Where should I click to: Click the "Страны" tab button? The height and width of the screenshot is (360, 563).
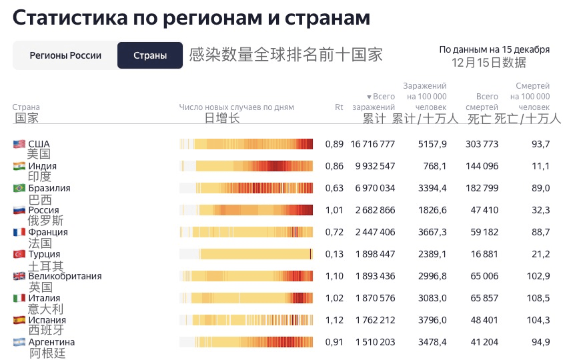pyautogui.click(x=150, y=55)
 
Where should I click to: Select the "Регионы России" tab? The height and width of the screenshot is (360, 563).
pyautogui.click(x=65, y=55)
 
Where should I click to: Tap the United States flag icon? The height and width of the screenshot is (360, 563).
pyautogui.click(x=19, y=144)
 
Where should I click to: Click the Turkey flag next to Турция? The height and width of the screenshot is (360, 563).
pyautogui.click(x=19, y=254)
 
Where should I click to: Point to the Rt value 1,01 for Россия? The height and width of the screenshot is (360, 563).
pyautogui.click(x=334, y=210)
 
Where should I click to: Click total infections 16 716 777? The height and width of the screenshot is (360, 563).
pyautogui.click(x=373, y=144)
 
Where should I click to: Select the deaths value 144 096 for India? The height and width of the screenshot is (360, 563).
pyautogui.click(x=482, y=166)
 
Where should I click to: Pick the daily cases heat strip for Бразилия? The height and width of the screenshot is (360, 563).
pyautogui.click(x=246, y=188)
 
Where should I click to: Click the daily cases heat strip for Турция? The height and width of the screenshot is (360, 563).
pyautogui.click(x=246, y=254)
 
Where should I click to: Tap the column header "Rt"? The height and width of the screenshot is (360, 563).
pyautogui.click(x=339, y=107)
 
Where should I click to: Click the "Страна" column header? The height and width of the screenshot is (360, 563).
pyautogui.click(x=26, y=107)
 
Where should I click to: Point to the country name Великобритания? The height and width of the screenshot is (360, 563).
pyautogui.click(x=65, y=276)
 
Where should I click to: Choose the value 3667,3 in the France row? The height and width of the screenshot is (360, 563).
pyautogui.click(x=432, y=232)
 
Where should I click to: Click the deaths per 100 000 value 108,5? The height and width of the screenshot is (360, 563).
pyautogui.click(x=538, y=298)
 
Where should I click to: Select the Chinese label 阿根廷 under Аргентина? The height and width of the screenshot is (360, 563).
pyautogui.click(x=47, y=353)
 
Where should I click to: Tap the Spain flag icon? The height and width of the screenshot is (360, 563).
pyautogui.click(x=19, y=320)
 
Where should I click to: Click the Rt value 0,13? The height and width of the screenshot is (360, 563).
pyautogui.click(x=334, y=254)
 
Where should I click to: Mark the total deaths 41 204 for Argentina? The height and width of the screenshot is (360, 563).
pyautogui.click(x=484, y=342)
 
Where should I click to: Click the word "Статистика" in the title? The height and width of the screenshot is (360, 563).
pyautogui.click(x=70, y=17)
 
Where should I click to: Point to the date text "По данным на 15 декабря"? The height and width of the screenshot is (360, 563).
pyautogui.click(x=494, y=49)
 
